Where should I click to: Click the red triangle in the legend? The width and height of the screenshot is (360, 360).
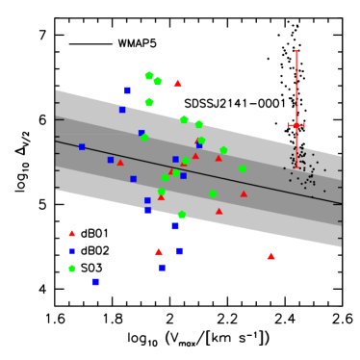[72, 233]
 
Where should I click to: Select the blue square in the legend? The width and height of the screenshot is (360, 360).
[72, 251]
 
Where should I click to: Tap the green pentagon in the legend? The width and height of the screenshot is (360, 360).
[72, 269]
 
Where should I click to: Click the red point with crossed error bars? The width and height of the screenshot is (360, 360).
[296, 125]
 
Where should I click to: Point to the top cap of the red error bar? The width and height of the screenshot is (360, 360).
[296, 51]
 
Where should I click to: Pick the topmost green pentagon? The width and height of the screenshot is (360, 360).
[149, 75]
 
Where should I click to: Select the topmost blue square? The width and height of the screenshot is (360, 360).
[127, 90]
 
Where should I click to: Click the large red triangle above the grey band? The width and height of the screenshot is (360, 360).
[178, 84]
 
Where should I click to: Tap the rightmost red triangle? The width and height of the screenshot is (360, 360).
[271, 256]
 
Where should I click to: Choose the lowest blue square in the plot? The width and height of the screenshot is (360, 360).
[95, 282]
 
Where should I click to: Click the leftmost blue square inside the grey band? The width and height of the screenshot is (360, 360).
[82, 147]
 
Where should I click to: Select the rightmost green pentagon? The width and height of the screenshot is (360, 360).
[243, 169]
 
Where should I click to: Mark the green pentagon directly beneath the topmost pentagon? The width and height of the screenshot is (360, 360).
[149, 102]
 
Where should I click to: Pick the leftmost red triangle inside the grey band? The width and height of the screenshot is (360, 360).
[120, 162]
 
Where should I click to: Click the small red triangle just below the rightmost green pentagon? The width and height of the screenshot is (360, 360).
[244, 193]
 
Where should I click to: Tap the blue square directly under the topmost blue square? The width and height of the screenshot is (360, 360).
[122, 110]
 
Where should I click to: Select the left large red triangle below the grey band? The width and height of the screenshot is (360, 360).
[159, 251]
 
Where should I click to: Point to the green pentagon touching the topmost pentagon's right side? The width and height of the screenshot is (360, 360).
[158, 81]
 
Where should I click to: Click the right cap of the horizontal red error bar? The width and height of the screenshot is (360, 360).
[304, 125]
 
